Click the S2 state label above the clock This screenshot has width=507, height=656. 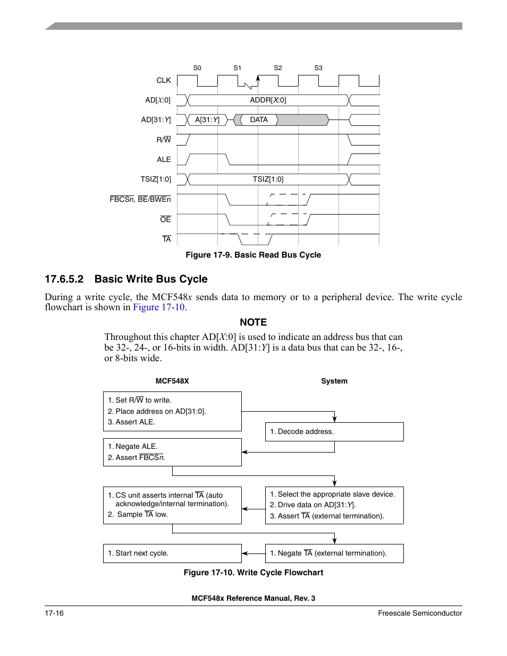point(278,68)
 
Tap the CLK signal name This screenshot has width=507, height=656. point(164,80)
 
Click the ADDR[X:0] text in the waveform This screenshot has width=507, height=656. point(268,100)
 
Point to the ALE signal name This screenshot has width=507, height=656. point(164,159)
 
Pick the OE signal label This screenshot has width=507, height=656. point(165,219)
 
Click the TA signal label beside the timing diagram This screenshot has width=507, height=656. point(166,240)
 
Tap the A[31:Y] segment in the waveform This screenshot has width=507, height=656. point(207,120)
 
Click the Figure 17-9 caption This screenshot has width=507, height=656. point(253,255)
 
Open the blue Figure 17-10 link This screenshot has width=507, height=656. point(158,307)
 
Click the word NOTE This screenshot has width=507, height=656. point(253,322)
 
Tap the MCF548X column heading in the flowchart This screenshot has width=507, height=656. point(172,381)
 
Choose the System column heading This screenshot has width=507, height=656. point(334,381)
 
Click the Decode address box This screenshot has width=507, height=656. point(334,432)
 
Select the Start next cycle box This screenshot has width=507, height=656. point(172,553)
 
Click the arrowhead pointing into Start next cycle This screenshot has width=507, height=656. point(245,553)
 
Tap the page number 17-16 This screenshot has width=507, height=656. point(54,614)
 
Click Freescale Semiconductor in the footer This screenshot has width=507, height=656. point(420,614)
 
